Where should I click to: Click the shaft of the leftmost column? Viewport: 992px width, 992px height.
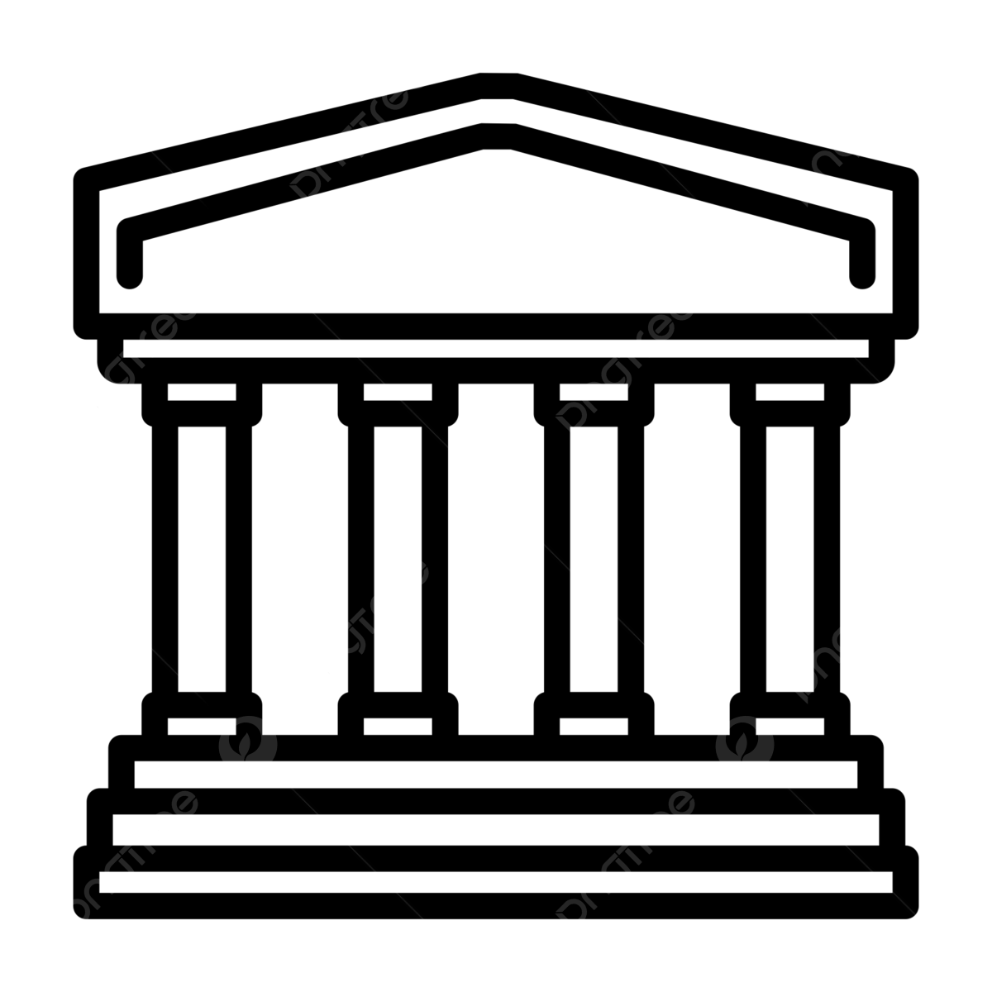point(202,558)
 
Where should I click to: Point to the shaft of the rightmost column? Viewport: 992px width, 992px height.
point(789,558)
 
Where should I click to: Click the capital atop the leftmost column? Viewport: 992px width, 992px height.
point(202,392)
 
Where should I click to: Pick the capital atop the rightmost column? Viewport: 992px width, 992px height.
point(789,392)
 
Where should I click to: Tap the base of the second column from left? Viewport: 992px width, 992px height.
point(398,726)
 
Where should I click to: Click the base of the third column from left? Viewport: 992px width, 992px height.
point(594,726)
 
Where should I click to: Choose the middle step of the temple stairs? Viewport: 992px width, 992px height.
point(496,827)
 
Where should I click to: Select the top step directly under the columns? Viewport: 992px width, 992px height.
point(496,774)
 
